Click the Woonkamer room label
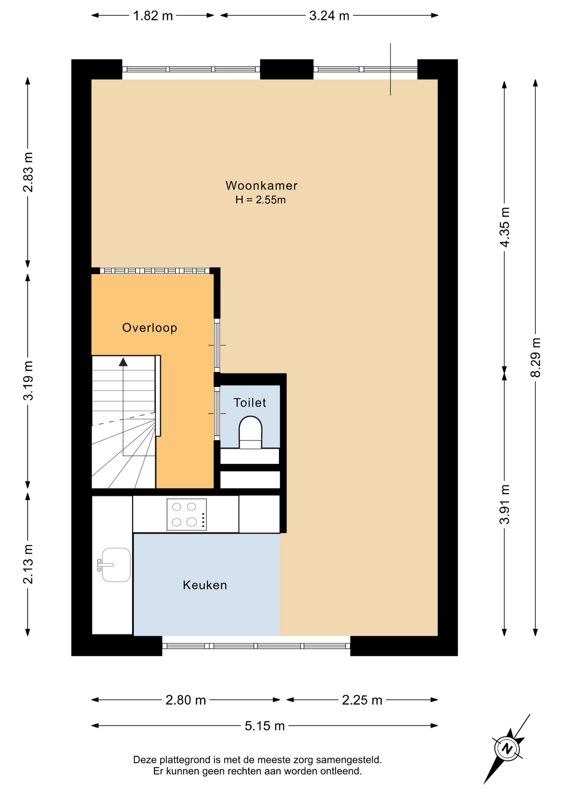261,185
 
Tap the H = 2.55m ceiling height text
260,200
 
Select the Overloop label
150,328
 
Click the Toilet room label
250,402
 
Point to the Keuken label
205,585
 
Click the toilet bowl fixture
250,432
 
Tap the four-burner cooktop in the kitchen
187,514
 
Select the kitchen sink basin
116,565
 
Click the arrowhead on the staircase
123,362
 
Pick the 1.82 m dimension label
153,16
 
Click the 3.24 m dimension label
329,16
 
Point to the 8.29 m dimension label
535,357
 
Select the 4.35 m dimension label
504,227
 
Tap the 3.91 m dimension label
504,504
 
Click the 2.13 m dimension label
28,564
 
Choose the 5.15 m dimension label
265,726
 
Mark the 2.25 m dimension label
362,700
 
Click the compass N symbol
507,749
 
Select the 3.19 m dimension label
28,381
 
